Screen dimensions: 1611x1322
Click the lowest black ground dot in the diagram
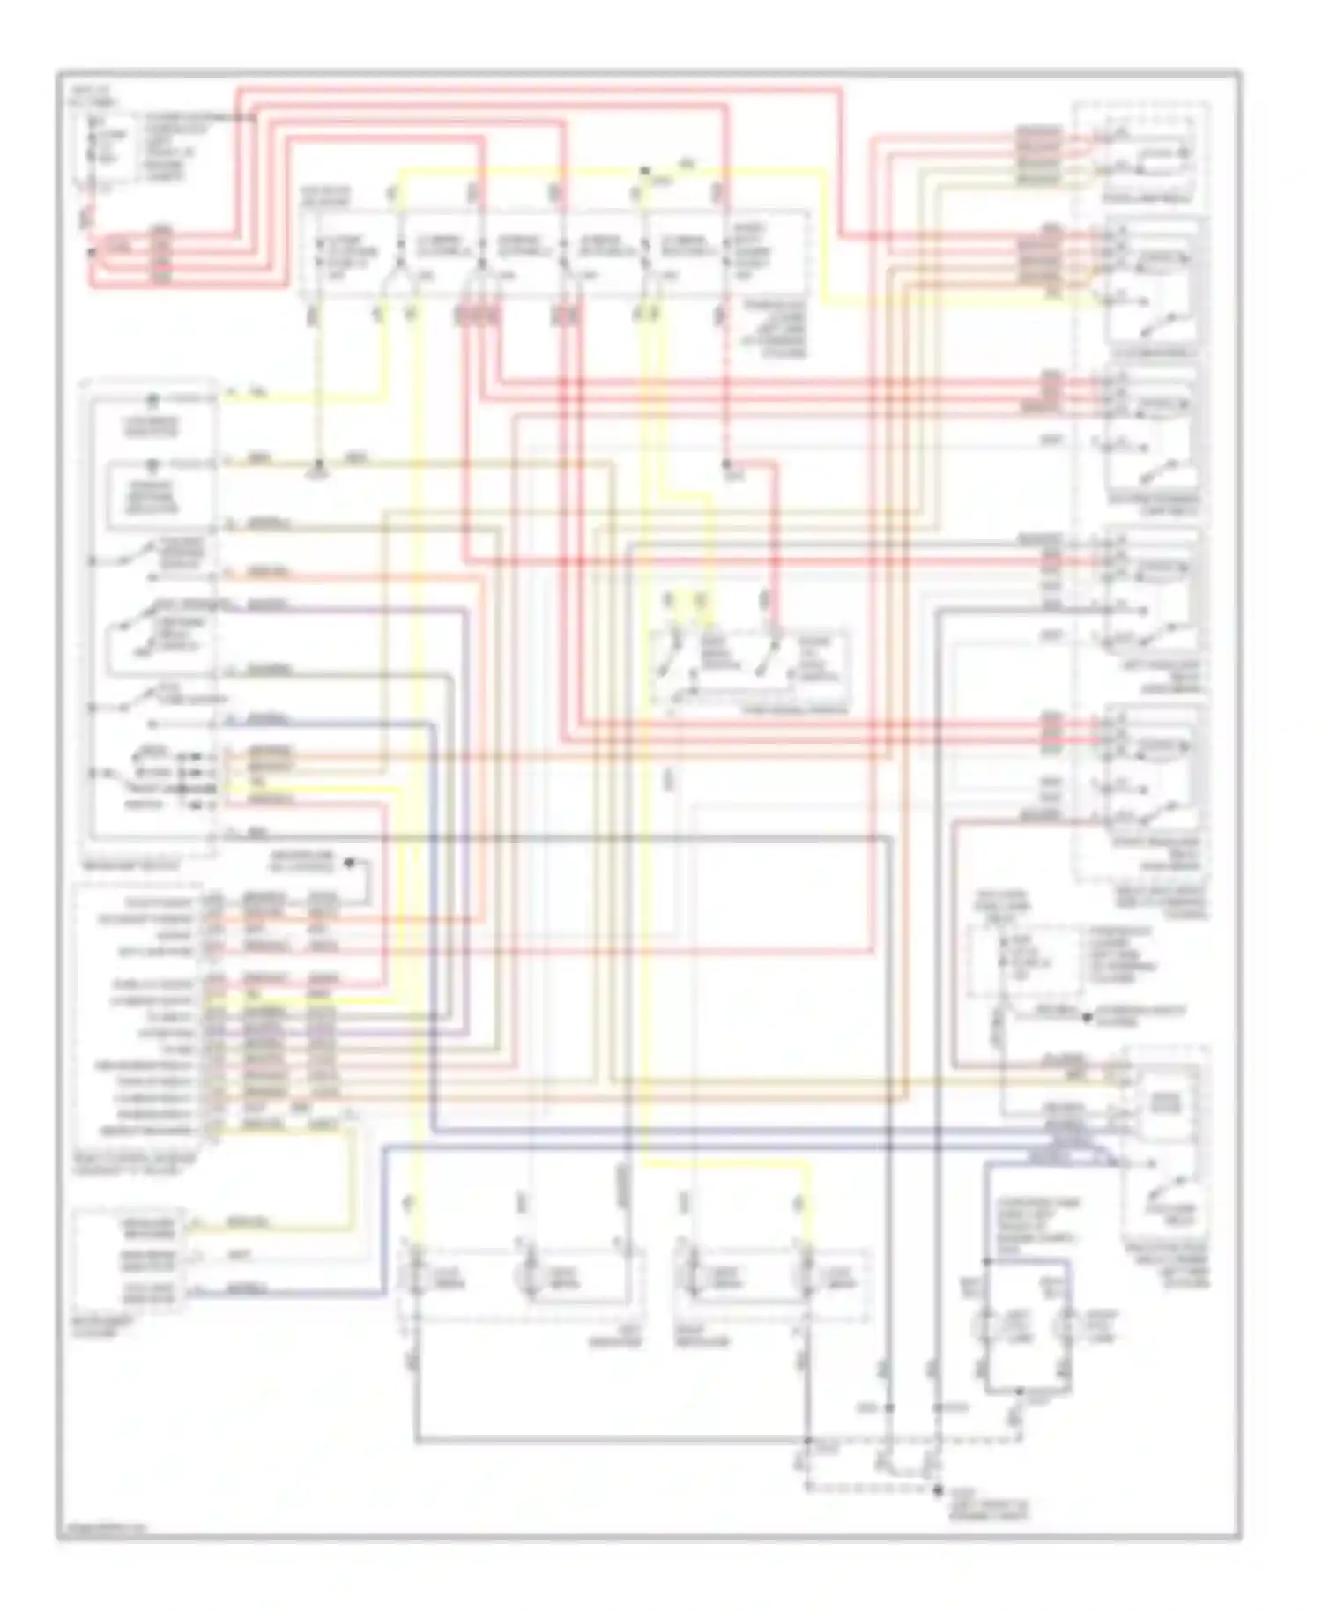click(x=937, y=1489)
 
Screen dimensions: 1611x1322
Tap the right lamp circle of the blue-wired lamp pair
click(x=1069, y=1325)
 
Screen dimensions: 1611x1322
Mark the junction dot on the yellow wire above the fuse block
click(x=645, y=170)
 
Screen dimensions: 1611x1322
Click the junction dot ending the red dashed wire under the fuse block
click(x=727, y=464)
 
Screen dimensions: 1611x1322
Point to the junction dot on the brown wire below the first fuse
click(x=320, y=464)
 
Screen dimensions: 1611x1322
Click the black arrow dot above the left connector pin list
click(x=349, y=863)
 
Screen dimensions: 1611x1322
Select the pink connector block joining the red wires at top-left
click(x=161, y=256)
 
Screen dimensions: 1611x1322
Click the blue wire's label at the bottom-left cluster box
click(x=248, y=1289)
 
